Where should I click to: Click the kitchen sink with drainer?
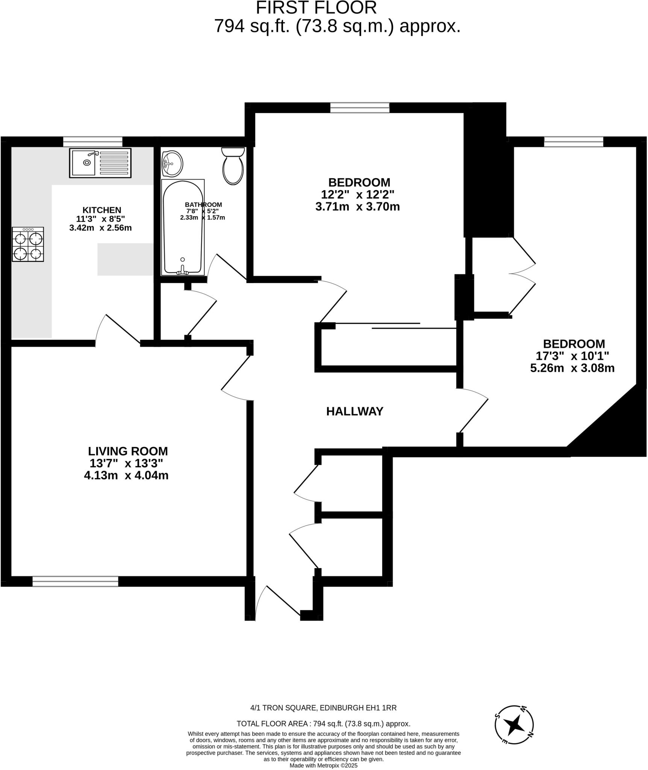click(x=100, y=163)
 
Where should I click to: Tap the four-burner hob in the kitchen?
click(x=28, y=244)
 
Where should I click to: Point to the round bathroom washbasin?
click(x=173, y=164)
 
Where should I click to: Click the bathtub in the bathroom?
click(x=183, y=227)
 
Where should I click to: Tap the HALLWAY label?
click(x=354, y=412)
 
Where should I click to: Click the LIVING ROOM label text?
click(x=128, y=451)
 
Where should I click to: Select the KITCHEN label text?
click(x=102, y=210)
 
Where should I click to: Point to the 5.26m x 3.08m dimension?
click(x=572, y=368)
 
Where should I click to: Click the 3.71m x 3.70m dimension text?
click(x=357, y=207)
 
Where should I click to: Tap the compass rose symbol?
click(x=514, y=724)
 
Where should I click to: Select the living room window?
click(x=75, y=581)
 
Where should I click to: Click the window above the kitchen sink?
click(x=93, y=142)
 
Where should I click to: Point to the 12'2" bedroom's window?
click(x=360, y=108)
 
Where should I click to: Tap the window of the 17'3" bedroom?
click(x=574, y=142)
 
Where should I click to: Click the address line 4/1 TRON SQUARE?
click(x=323, y=708)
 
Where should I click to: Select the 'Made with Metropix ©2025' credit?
click(x=323, y=765)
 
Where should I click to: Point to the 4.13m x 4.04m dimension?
click(x=126, y=476)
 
